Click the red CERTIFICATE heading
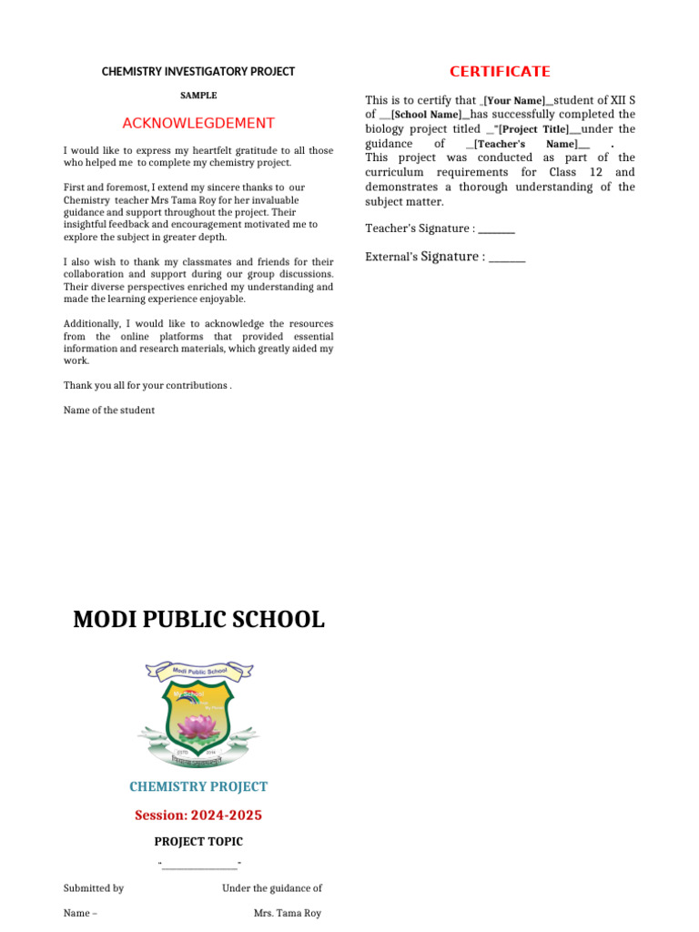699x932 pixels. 500,71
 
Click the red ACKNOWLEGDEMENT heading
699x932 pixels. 198,123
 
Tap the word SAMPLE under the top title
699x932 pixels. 198,95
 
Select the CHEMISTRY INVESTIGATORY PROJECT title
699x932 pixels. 198,71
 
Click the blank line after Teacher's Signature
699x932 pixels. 497,228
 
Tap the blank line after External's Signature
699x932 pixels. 507,258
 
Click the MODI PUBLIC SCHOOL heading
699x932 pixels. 198,620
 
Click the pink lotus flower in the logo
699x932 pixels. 198,724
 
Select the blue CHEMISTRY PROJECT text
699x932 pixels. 198,786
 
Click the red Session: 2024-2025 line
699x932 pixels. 198,815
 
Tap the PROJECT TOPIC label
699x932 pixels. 198,842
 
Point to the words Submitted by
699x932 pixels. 94,887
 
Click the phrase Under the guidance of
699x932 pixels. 272,887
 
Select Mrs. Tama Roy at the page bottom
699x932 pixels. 287,913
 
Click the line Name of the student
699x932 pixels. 109,410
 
